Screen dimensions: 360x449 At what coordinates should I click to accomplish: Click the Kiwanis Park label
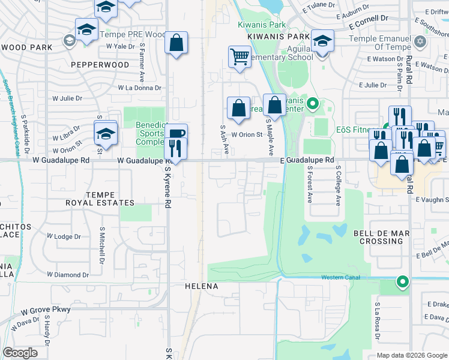(262, 25)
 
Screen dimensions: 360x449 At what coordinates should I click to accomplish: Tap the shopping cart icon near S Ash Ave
(240, 58)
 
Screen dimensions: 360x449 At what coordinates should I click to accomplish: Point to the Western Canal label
(340, 277)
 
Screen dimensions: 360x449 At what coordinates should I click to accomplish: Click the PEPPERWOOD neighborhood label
(100, 64)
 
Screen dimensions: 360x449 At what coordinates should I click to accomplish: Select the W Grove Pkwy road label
(46, 310)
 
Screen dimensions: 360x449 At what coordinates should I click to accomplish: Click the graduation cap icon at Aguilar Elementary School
(322, 41)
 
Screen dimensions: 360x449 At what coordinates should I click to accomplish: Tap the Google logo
(20, 353)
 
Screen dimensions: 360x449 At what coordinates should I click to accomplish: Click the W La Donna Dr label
(140, 88)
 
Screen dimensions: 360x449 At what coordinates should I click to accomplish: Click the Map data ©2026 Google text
(411, 355)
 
